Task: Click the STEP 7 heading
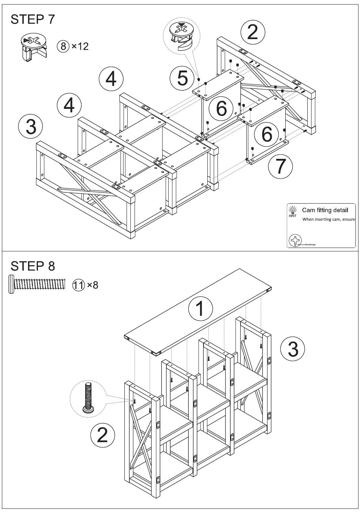click(x=33, y=19)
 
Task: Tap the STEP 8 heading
click(x=33, y=266)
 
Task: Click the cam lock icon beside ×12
click(x=33, y=47)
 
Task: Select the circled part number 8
click(x=63, y=46)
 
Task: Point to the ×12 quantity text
click(x=80, y=46)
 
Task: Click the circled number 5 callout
click(x=183, y=78)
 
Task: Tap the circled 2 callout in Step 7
click(x=252, y=32)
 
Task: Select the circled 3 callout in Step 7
click(x=31, y=126)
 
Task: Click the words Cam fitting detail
click(x=325, y=210)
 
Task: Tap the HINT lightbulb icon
click(x=293, y=210)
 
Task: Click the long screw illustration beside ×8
click(x=37, y=284)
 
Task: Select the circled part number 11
click(x=78, y=284)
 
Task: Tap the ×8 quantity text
click(x=92, y=284)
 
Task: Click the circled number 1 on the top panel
click(x=201, y=309)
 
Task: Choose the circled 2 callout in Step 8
click(x=103, y=435)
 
